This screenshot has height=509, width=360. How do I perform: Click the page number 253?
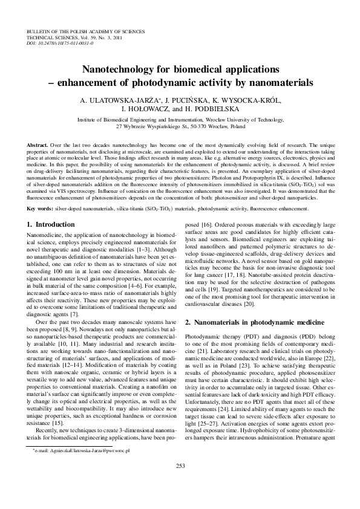coord(180,482)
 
